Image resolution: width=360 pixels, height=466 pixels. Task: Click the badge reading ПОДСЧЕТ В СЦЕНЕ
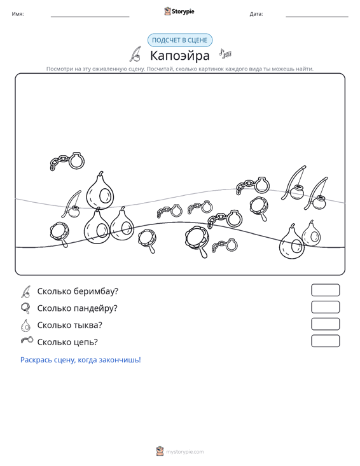(180, 40)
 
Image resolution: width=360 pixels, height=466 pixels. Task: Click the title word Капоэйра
(180, 55)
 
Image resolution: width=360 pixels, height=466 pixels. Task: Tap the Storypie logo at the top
(179, 11)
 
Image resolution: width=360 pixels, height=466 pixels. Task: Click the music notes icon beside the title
(225, 53)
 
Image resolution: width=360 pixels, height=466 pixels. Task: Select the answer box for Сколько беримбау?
(325, 290)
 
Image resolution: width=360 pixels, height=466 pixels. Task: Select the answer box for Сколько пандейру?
(325, 307)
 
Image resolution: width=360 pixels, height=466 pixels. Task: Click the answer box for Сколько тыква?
(325, 324)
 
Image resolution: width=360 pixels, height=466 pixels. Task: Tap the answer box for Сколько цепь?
(325, 341)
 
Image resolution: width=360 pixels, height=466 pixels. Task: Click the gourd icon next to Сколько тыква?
(25, 326)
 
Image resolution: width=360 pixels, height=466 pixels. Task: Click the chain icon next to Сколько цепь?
(27, 340)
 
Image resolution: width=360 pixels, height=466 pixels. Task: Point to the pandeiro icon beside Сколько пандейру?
(25, 308)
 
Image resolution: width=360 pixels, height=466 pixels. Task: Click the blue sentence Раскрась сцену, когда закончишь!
(81, 360)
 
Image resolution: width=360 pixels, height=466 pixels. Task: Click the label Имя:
(18, 14)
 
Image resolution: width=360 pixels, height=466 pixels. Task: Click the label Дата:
(256, 14)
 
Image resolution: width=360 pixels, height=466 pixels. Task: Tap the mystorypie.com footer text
(184, 452)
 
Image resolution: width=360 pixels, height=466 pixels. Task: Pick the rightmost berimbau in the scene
(315, 193)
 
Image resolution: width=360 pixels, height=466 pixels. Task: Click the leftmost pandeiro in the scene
(60, 234)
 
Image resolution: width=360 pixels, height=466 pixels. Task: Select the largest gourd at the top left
(100, 190)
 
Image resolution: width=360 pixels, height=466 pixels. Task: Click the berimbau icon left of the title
(135, 54)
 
